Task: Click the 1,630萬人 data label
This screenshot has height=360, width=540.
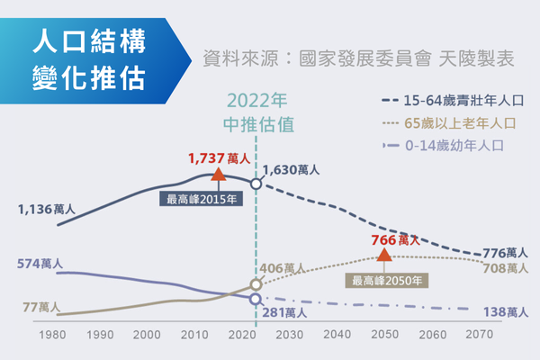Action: coord(291,169)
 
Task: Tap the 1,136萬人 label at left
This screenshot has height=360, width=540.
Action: coord(46,210)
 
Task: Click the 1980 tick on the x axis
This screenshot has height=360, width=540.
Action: coord(54,335)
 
